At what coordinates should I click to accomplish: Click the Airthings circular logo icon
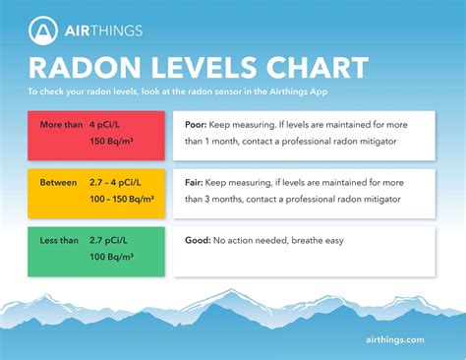tap(43, 30)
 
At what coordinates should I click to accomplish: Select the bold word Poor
tap(197, 126)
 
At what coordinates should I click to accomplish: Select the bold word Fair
tap(195, 182)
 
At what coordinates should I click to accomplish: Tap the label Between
tap(58, 182)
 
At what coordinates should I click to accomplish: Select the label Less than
tap(59, 239)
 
